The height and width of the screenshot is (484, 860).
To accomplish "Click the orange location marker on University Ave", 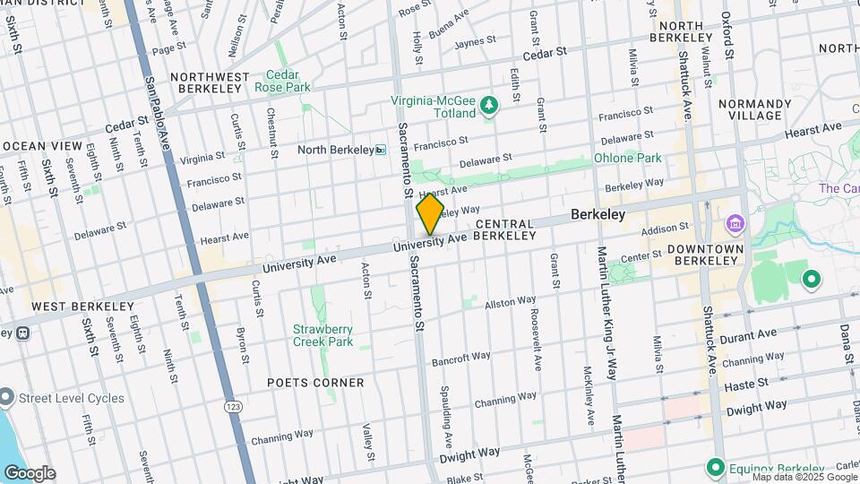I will pyautogui.click(x=430, y=214).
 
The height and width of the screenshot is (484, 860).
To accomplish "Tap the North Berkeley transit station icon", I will pyautogui.click(x=381, y=150).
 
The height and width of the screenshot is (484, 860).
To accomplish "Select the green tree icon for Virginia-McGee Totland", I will pyautogui.click(x=489, y=108).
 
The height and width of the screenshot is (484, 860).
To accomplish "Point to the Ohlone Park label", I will pyautogui.click(x=627, y=158).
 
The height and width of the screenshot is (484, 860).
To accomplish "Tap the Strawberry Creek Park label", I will pyautogui.click(x=322, y=335).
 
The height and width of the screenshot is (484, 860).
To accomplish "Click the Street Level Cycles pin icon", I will pyautogui.click(x=6, y=396).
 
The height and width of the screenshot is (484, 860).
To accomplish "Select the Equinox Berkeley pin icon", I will pyautogui.click(x=715, y=468).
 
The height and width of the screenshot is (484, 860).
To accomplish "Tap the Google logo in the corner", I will pyautogui.click(x=30, y=473).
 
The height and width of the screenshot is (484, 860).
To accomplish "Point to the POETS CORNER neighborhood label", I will pyautogui.click(x=315, y=383).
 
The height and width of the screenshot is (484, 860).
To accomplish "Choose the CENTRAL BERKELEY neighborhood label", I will pyautogui.click(x=505, y=229).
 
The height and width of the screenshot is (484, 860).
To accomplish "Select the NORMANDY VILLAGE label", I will pyautogui.click(x=755, y=110).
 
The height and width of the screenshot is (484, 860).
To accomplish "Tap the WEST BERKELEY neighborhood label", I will pyautogui.click(x=71, y=307).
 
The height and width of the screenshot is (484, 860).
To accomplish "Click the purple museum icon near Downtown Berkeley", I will pyautogui.click(x=735, y=222).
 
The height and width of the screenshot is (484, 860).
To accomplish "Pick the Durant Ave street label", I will pyautogui.click(x=756, y=334).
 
